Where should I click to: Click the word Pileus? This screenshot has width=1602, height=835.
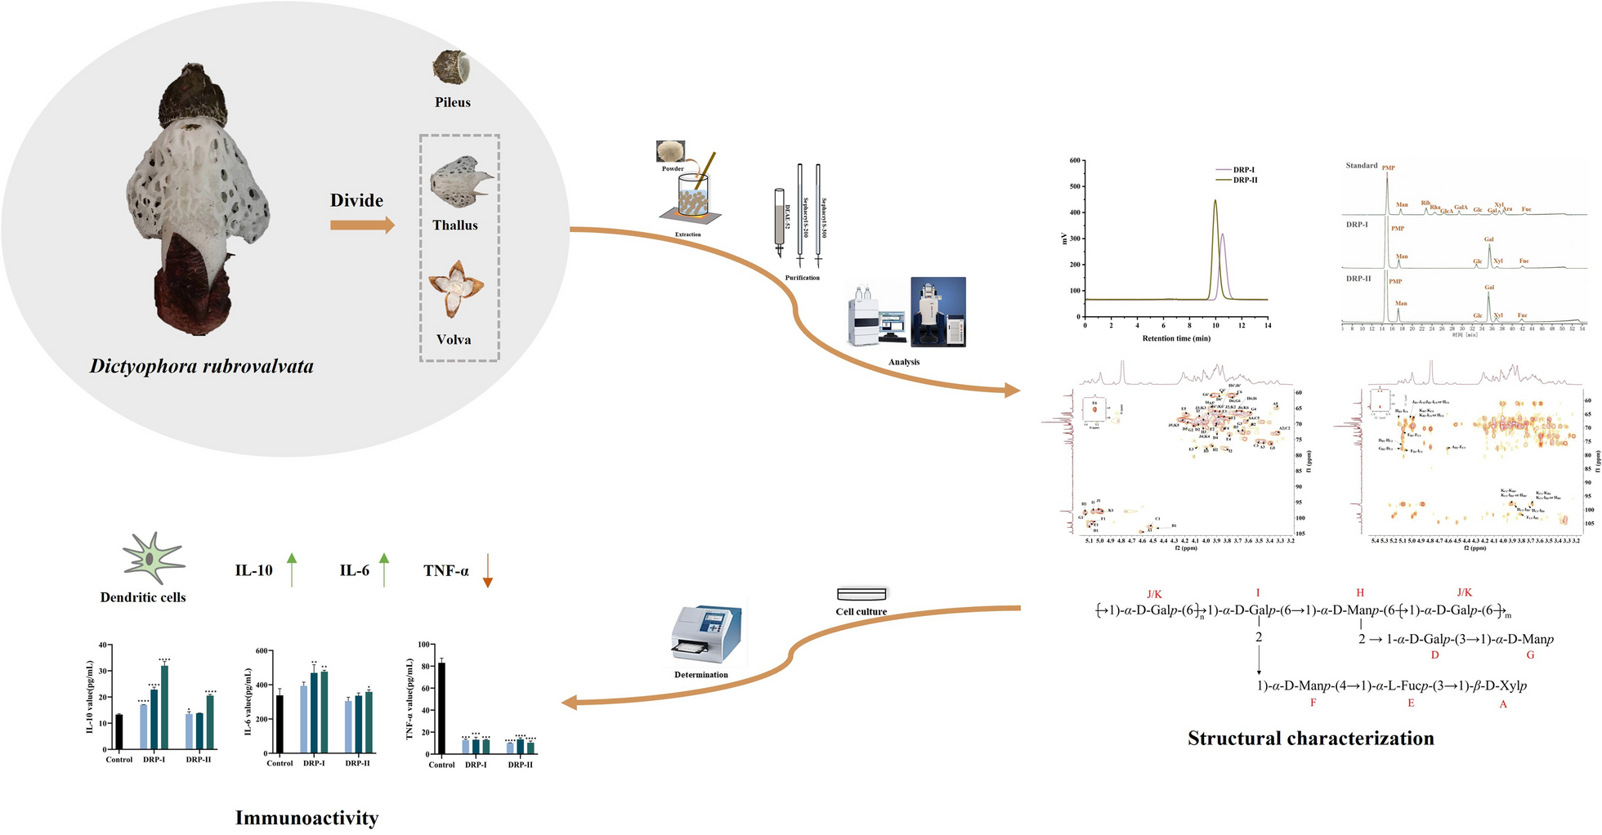pyautogui.click(x=453, y=102)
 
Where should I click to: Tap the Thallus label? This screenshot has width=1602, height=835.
pyautogui.click(x=455, y=225)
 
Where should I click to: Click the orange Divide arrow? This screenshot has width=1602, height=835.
pyautogui.click(x=362, y=225)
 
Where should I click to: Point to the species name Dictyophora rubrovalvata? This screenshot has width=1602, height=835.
pyautogui.click(x=202, y=366)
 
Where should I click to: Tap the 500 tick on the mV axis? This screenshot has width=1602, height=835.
pyautogui.click(x=1073, y=186)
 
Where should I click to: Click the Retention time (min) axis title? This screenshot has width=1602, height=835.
pyautogui.click(x=1176, y=338)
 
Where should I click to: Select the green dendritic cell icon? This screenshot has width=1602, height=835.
pyautogui.click(x=152, y=558)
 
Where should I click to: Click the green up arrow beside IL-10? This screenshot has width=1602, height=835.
pyautogui.click(x=292, y=569)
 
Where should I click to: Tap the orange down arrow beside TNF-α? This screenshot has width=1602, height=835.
pyautogui.click(x=487, y=570)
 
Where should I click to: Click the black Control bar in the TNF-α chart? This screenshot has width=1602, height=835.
pyautogui.click(x=442, y=708)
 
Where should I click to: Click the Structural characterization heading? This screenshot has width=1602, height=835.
pyautogui.click(x=1310, y=739)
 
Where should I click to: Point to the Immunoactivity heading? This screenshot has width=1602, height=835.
pyautogui.click(x=307, y=818)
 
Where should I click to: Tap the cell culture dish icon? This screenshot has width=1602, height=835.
pyautogui.click(x=861, y=594)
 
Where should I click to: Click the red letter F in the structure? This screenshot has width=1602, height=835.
pyautogui.click(x=1313, y=702)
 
